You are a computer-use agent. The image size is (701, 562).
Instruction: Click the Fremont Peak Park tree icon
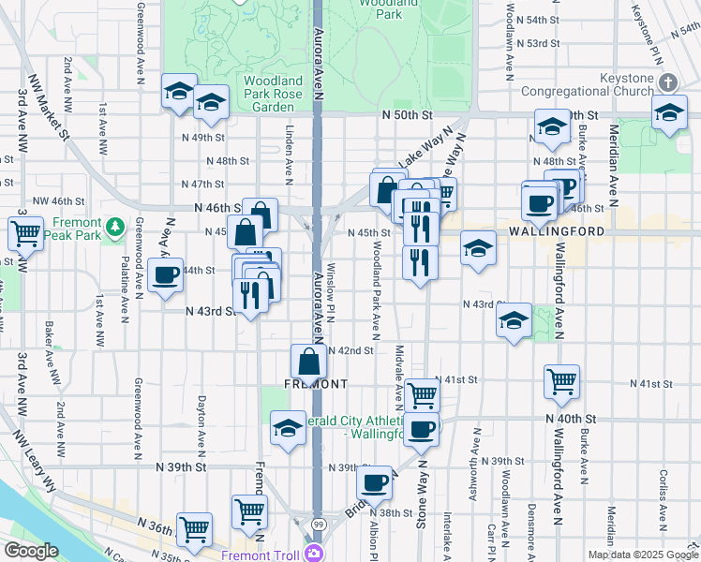click(x=114, y=227)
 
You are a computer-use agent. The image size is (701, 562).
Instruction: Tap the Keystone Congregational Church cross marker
click(x=667, y=82)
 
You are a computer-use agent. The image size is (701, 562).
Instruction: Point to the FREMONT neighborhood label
click(x=317, y=384)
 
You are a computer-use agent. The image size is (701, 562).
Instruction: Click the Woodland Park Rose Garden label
click(x=273, y=94)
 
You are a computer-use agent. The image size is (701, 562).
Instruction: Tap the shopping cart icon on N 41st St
click(x=561, y=380)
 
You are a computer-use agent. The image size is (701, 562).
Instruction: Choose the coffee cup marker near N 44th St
click(x=165, y=275)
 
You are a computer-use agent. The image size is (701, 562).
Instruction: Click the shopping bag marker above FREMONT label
click(x=308, y=360)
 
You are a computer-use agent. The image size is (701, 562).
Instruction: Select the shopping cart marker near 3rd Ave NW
click(x=25, y=231)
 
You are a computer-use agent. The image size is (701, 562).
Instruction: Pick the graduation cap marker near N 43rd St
click(x=514, y=319)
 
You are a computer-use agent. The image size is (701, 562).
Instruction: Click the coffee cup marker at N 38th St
click(x=374, y=482)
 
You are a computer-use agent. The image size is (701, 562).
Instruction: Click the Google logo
click(x=31, y=550)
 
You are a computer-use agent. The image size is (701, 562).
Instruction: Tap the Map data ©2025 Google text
click(x=642, y=555)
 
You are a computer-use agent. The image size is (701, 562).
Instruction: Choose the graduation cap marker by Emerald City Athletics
click(x=288, y=428)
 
